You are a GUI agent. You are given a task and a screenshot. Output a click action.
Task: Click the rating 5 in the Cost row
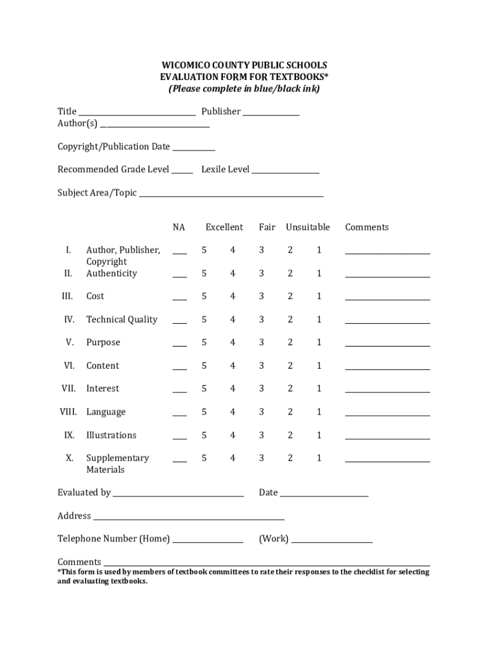204,296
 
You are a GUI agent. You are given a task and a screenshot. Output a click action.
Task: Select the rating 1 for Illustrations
319,435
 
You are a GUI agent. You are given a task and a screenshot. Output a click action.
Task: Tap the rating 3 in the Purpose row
261,343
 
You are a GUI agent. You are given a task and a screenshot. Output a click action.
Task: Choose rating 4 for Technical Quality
232,320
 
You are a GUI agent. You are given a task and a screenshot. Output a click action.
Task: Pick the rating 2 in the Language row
290,412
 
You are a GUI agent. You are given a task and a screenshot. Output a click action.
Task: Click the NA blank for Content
180,368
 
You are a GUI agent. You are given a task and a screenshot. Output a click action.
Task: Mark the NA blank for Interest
180,391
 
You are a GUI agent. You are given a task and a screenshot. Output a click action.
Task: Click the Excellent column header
224,227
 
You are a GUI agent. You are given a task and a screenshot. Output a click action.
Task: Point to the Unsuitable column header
307,227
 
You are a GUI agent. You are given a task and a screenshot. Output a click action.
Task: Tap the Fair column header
267,227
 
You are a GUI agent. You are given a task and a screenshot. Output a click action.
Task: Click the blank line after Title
137,114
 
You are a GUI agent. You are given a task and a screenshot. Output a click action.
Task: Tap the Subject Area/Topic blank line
231,196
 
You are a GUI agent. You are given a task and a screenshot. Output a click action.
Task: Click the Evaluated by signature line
178,495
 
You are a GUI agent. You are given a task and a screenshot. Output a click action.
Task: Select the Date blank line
324,495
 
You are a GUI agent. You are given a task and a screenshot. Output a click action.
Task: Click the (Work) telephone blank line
332,541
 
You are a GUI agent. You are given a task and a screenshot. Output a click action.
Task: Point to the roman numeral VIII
68,412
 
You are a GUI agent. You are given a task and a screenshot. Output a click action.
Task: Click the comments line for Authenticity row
387,276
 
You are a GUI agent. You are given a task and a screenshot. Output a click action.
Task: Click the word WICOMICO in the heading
182,65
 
